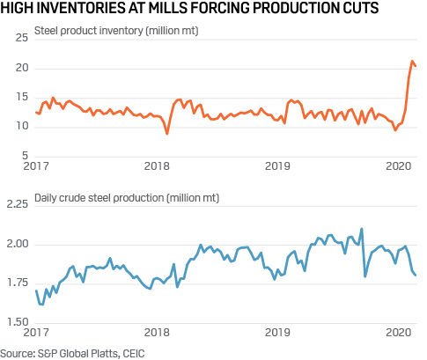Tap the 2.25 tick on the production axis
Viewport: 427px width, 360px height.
click(x=18, y=204)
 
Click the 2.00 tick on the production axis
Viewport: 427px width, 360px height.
click(x=18, y=244)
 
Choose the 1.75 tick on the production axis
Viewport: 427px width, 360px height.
click(x=18, y=283)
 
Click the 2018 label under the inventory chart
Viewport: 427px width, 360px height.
click(x=156, y=165)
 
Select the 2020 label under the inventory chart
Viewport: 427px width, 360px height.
click(x=400, y=165)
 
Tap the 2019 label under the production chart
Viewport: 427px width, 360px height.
click(x=278, y=334)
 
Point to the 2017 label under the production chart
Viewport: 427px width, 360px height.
click(x=35, y=334)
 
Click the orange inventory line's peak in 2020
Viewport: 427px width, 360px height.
click(x=412, y=61)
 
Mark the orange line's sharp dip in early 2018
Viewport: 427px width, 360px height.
click(x=167, y=134)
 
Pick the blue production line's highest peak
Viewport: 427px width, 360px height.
click(x=362, y=229)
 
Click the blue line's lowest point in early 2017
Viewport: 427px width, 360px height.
click(x=42, y=305)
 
